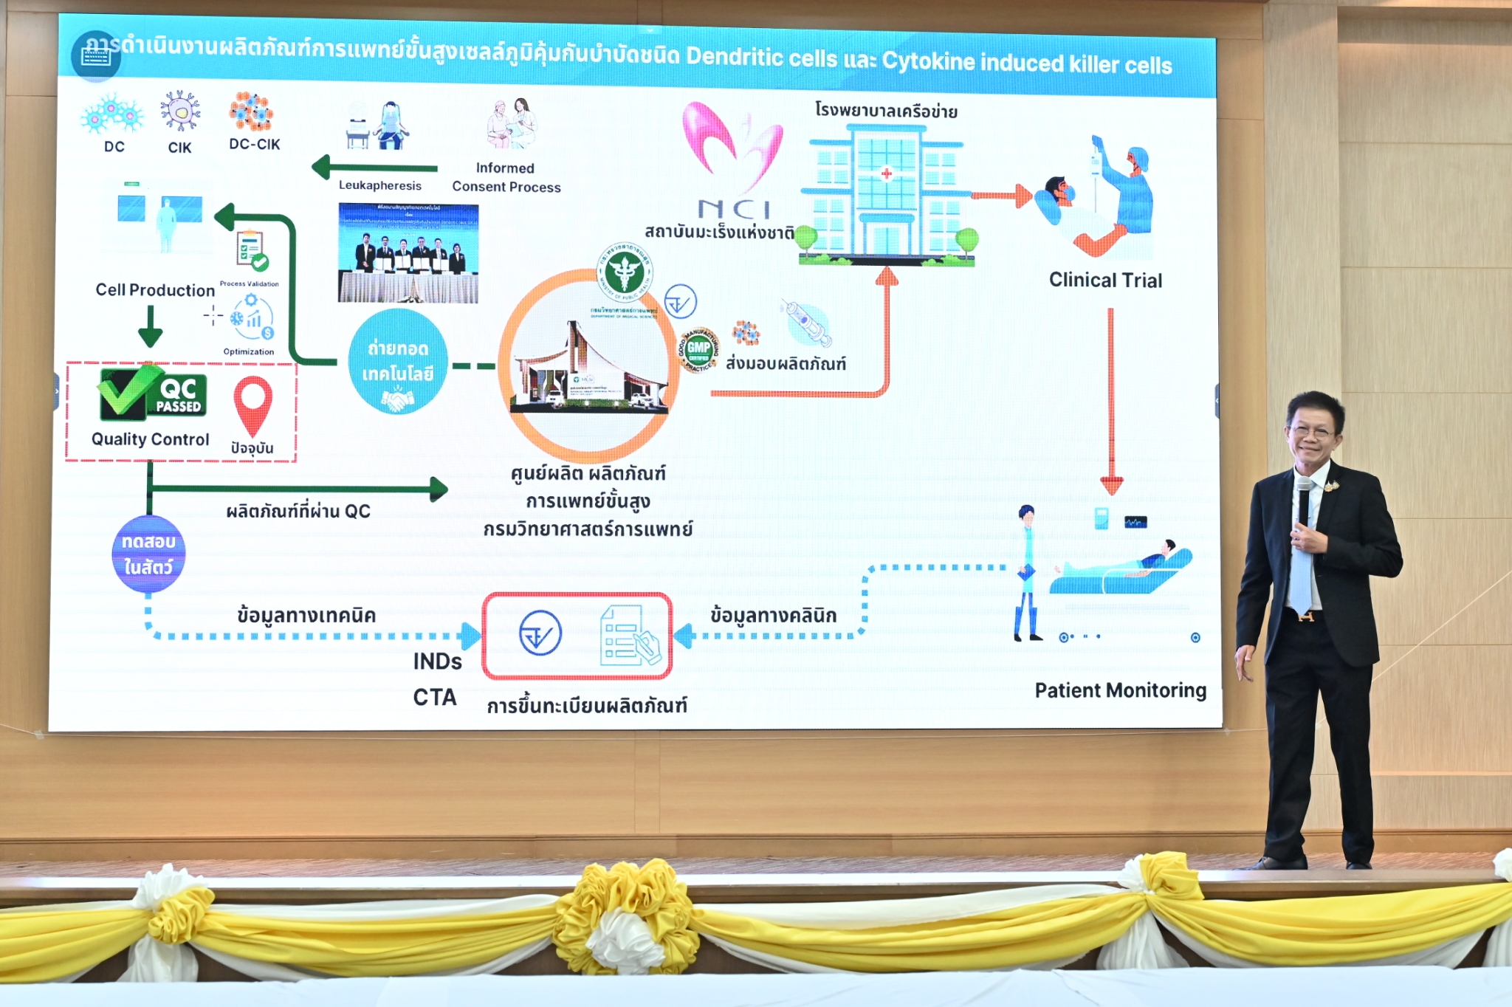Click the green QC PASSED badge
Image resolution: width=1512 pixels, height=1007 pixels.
pos(154,394)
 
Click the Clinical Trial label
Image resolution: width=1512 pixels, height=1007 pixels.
pos(1105,281)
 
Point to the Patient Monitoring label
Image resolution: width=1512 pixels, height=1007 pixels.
pos(1120,690)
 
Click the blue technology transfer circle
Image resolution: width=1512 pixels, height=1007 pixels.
pos(398,362)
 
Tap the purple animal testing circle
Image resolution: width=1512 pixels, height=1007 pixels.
pos(148,554)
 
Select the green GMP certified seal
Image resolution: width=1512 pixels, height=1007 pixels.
pos(698,350)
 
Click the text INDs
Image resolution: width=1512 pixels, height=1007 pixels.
pos(437,661)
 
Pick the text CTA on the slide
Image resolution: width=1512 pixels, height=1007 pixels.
pos(435,697)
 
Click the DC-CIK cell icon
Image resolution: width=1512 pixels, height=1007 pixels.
pos(251,112)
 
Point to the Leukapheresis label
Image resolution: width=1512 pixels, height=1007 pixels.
pos(380,185)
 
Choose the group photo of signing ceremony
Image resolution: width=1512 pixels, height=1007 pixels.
pos(408,253)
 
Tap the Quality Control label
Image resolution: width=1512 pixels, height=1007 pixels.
pos(151,439)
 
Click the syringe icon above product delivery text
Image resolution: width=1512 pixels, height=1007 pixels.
pos(807,323)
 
